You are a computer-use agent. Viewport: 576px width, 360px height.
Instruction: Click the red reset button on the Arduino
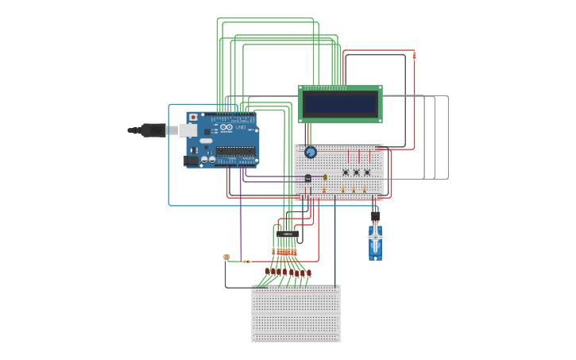pyautogui.click(x=193, y=118)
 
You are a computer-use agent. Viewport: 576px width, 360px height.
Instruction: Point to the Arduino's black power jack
pyautogui.click(x=191, y=161)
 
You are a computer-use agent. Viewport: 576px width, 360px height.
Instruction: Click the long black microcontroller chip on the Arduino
pyautogui.click(x=235, y=151)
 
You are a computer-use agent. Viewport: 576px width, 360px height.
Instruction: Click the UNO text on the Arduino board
pyautogui.click(x=241, y=127)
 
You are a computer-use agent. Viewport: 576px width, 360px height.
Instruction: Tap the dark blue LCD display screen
pyautogui.click(x=340, y=104)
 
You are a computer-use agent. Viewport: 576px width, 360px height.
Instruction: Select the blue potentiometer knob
pyautogui.click(x=311, y=152)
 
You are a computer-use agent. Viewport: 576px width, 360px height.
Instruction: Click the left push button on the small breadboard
pyautogui.click(x=346, y=172)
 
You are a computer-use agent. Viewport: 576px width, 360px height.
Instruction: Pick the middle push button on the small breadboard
pyautogui.click(x=356, y=172)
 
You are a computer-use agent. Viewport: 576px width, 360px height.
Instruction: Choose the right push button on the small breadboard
pyautogui.click(x=366, y=172)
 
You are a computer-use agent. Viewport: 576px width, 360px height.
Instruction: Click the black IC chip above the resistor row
pyautogui.click(x=287, y=234)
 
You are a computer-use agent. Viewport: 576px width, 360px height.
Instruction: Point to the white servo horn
pyautogui.click(x=375, y=235)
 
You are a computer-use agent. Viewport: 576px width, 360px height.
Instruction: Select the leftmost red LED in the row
pyautogui.click(x=268, y=272)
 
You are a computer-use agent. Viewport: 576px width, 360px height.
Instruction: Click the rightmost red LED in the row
pyautogui.click(x=308, y=273)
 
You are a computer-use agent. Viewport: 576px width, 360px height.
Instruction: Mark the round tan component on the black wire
pyautogui.click(x=226, y=257)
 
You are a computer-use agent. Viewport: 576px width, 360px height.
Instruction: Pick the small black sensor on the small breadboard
pyautogui.click(x=308, y=178)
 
